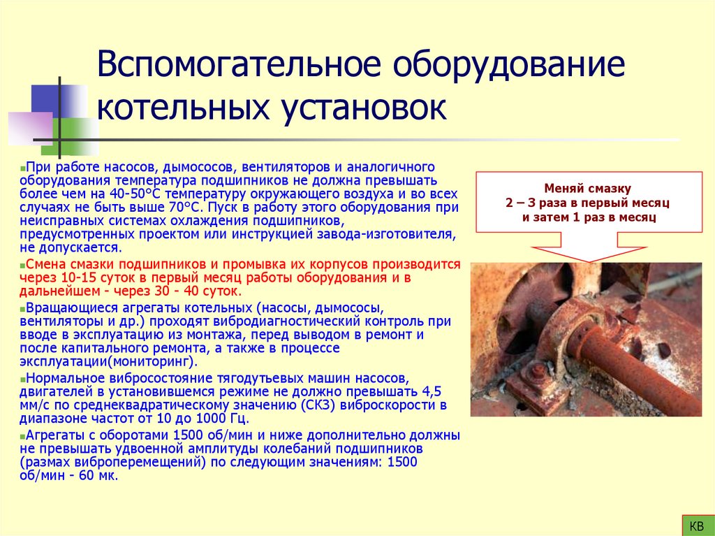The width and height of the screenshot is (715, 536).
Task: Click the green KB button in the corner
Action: pos(695,525)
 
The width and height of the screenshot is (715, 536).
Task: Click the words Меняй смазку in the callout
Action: pos(587,189)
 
